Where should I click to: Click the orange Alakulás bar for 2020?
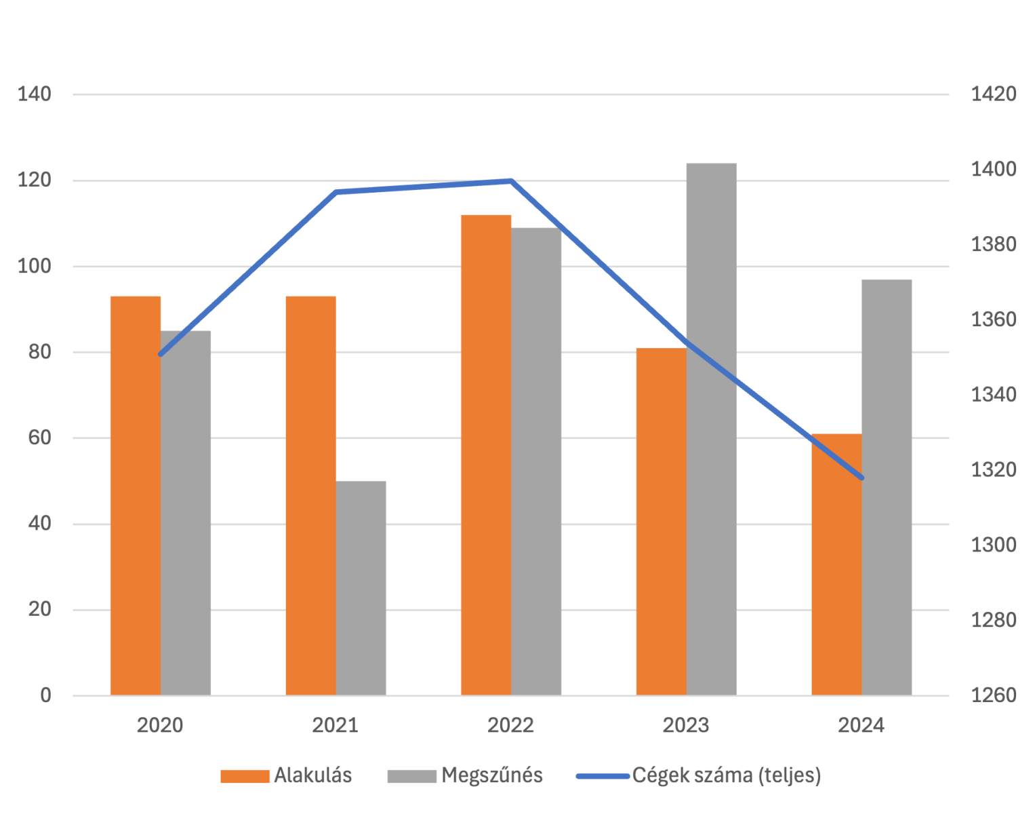[135, 495]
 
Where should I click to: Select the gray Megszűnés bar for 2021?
[361, 588]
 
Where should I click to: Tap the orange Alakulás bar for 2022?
[485, 454]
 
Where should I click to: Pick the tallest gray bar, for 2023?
[711, 429]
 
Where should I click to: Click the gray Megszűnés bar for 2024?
[887, 487]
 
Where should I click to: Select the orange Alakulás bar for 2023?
[661, 521]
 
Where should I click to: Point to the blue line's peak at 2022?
[510, 180]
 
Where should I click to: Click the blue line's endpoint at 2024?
[861, 478]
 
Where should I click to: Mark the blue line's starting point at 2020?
[161, 354]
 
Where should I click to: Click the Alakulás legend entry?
[312, 775]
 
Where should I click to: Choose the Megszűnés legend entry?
[491, 775]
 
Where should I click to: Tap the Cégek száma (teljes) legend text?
[727, 775]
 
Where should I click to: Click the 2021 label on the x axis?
[335, 726]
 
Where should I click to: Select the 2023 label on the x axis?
[686, 726]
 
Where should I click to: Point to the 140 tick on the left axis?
[35, 94]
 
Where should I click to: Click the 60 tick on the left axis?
[40, 438]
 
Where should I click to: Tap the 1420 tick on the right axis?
[994, 94]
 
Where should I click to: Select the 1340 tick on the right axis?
[994, 395]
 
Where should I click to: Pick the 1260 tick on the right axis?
[994, 695]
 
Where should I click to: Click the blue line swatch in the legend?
[602, 776]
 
